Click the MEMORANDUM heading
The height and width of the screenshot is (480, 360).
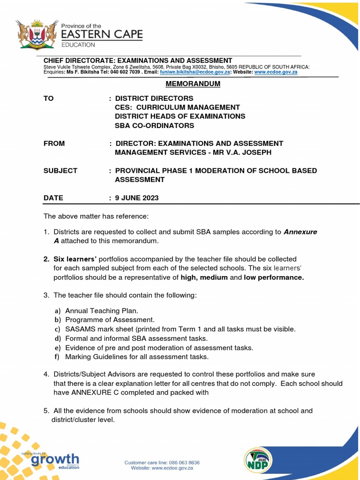tap(187, 84)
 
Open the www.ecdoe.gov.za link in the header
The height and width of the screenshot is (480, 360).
tap(276, 73)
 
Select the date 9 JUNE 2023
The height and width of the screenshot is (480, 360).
tap(137, 198)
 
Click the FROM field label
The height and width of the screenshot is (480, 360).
tap(54, 143)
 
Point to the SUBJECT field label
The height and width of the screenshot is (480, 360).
tap(60, 171)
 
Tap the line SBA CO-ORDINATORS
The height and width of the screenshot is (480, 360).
tap(154, 126)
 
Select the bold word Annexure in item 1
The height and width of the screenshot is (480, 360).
tap(300, 232)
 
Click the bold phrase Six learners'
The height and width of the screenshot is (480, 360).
tap(75, 259)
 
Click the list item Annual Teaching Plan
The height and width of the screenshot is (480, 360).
tap(102, 311)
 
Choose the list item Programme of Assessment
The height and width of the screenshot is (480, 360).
tap(110, 320)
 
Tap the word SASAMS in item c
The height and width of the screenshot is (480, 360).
tap(81, 329)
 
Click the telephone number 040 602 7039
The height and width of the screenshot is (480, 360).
tap(122, 73)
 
